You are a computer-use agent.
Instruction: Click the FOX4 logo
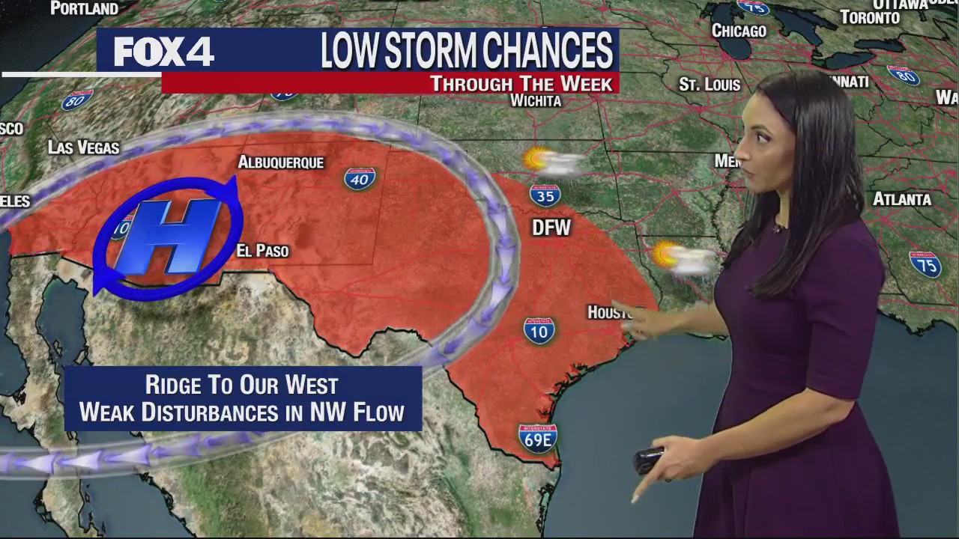coord(163,52)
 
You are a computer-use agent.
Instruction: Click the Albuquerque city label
coord(281,162)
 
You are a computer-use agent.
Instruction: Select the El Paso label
coord(262,251)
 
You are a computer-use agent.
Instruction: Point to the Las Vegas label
coord(83,147)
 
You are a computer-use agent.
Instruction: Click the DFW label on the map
coord(551,228)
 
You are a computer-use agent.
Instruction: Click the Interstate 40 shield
coord(360,178)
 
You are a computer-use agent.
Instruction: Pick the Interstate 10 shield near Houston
coord(539,329)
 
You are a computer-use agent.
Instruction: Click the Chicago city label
coord(739,31)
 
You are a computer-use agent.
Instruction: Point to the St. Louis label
coord(710,85)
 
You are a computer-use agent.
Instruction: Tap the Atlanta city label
coord(902,199)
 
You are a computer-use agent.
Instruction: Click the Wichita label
coord(536,101)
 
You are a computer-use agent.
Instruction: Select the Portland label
coord(84,9)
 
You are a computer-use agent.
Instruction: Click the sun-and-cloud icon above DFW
coord(553,162)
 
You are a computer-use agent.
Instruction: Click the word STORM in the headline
coord(426,51)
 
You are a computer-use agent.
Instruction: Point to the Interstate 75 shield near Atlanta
coord(925,264)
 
